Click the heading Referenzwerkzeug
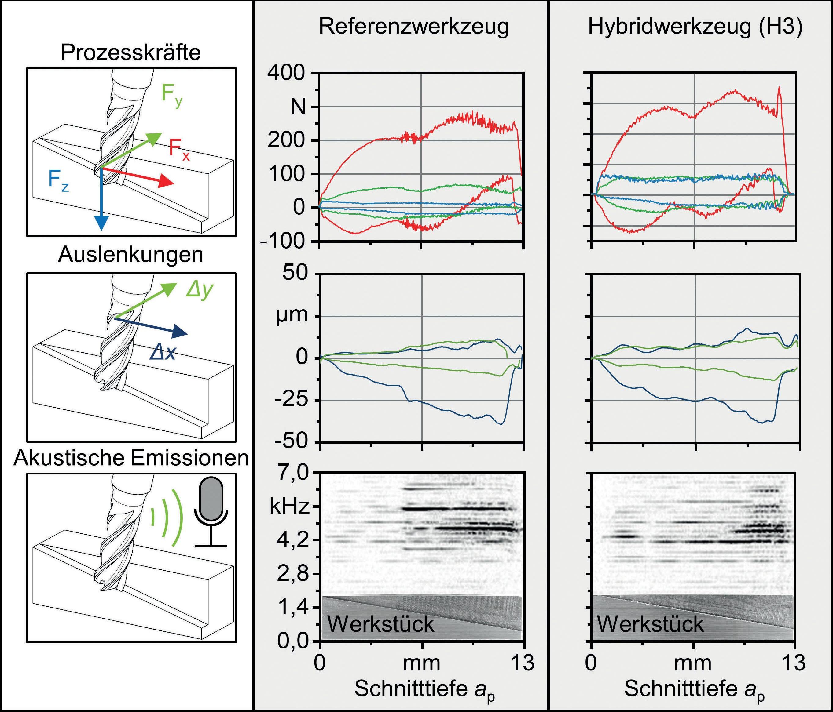coord(414,27)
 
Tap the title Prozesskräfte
coord(131,53)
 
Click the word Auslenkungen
coord(131,255)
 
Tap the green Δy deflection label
coord(199,290)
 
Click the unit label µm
coord(292,316)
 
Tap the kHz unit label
coord(289,507)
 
